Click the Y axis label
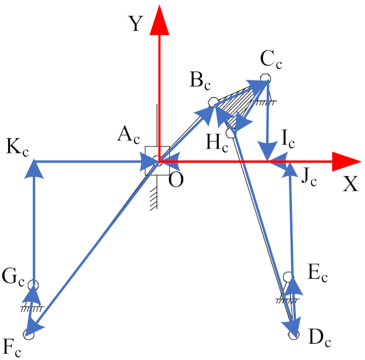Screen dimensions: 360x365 pyautogui.click(x=136, y=24)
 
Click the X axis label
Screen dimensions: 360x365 pyautogui.click(x=350, y=184)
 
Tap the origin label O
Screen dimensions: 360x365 pyautogui.click(x=175, y=180)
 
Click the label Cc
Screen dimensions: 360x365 pyautogui.click(x=272, y=60)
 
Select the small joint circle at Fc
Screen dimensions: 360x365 pyautogui.click(x=29, y=334)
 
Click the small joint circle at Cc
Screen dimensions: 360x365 pyautogui.click(x=266, y=77)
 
